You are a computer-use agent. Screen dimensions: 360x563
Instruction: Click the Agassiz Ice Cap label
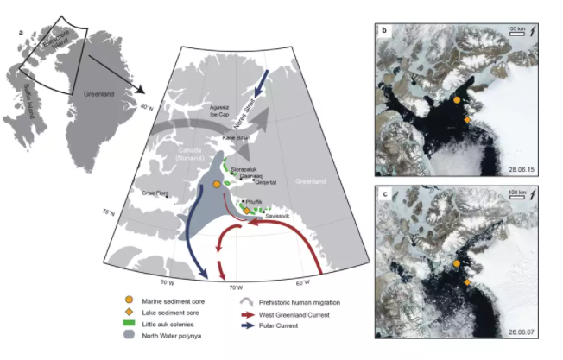(218, 110)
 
